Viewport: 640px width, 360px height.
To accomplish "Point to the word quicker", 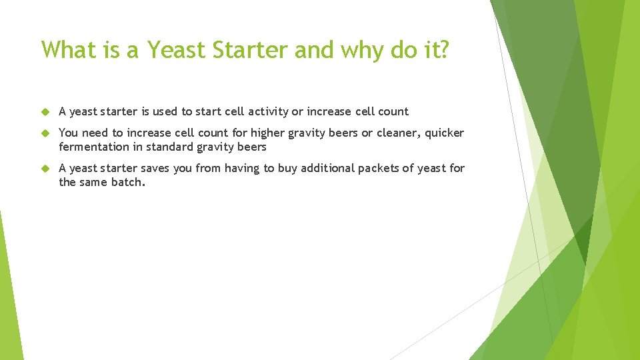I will tap(445, 133).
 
